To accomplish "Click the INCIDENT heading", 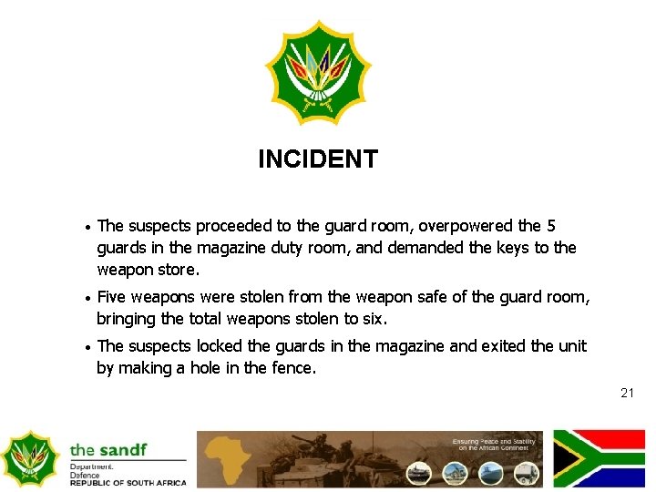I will pos(317,159).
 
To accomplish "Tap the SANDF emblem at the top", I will pos(318,73).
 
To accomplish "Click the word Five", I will pos(113,297).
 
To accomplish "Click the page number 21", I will pos(627,393).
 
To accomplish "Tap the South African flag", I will pos(599,458).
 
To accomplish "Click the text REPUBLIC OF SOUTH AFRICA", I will pos(128,483).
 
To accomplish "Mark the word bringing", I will pos(127,319).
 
